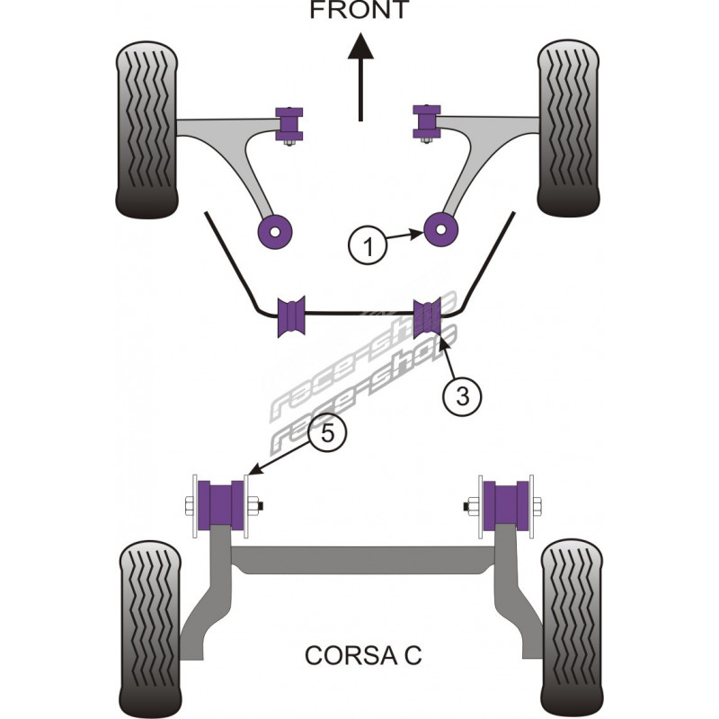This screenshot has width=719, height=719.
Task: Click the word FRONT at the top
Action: coord(359,11)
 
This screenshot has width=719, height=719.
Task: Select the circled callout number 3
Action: coord(461,394)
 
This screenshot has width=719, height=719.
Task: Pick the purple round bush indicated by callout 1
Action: coord(441,230)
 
